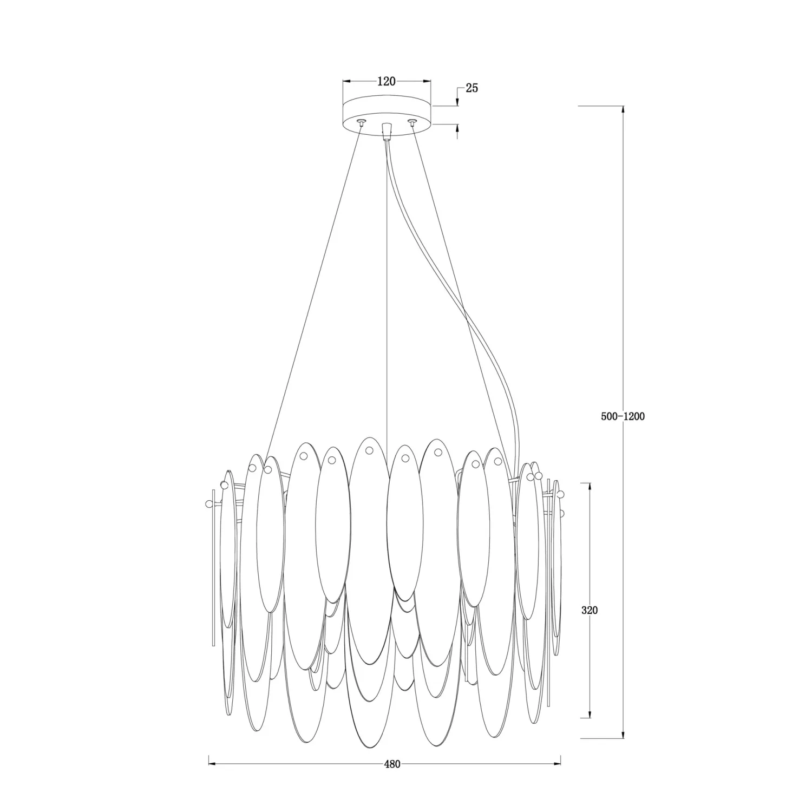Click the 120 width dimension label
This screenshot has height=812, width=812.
pos(387,82)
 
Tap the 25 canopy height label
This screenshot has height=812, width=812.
pos(472,88)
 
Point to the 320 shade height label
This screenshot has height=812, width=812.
pos(590,610)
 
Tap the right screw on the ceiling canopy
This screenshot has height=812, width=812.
pos(412,122)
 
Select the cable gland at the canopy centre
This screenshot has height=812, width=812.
pos(386,130)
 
